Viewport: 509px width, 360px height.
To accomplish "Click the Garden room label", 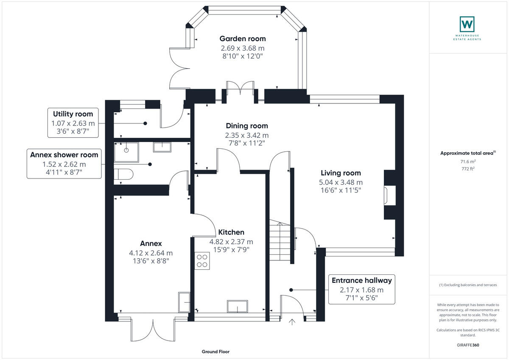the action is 243,39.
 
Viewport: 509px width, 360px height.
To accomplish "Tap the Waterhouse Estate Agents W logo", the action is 467,24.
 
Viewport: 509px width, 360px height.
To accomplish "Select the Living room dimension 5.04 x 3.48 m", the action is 341,182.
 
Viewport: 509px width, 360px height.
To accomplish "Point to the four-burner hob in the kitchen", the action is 202,261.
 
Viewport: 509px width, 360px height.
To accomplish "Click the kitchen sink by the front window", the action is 238,307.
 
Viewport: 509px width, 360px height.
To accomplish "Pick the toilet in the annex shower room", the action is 123,174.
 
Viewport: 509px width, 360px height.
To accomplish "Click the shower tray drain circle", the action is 126,150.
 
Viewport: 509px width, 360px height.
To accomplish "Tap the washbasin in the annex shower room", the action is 162,147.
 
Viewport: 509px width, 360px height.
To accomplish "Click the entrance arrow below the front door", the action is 292,322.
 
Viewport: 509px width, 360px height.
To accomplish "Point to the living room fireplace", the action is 390,195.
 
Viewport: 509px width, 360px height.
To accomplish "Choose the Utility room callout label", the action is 73,123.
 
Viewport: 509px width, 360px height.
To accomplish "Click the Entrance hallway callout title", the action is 362,280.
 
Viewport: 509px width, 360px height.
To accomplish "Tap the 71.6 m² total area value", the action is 468,162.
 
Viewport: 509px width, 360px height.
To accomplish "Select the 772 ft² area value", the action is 468,168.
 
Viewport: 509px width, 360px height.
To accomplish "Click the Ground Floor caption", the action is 215,352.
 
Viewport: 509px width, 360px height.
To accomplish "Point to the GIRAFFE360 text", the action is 468,345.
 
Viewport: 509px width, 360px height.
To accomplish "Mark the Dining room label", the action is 247,126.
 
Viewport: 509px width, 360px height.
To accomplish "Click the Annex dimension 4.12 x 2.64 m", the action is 151,253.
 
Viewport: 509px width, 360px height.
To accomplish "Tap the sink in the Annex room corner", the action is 184,302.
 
